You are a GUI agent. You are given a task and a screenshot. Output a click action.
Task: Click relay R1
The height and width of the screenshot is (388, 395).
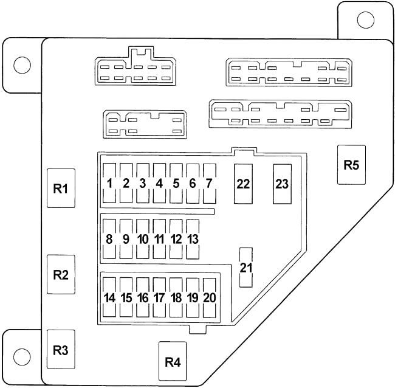(60, 189)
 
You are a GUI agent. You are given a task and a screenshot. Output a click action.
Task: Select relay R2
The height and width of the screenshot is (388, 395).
(60, 275)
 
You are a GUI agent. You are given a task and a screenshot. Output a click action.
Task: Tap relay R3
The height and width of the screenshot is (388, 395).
(60, 350)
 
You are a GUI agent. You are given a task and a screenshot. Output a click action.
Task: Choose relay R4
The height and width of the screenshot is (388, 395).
(173, 362)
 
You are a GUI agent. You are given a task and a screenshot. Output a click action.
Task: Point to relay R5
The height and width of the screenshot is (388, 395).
(351, 165)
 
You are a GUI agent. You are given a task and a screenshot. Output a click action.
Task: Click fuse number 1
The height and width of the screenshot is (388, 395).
(110, 183)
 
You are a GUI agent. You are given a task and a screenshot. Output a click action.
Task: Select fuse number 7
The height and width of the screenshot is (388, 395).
(209, 183)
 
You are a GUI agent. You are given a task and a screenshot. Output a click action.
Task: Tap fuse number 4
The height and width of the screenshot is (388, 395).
(160, 183)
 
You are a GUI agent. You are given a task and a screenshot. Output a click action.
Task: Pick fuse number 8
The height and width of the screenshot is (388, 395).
(110, 239)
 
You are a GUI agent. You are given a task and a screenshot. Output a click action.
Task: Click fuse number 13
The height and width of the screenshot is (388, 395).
(193, 239)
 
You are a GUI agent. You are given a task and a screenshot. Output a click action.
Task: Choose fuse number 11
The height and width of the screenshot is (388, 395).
(160, 239)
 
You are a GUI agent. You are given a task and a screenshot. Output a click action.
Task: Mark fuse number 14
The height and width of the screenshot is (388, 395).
(110, 298)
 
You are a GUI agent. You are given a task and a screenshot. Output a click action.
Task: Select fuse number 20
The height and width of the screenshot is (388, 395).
(209, 298)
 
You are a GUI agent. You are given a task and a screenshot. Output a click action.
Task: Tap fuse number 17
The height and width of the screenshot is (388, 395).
(160, 298)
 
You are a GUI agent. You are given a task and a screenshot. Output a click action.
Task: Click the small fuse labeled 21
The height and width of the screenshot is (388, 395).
(246, 267)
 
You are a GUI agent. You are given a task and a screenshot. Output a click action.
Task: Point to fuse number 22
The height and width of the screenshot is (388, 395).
(243, 184)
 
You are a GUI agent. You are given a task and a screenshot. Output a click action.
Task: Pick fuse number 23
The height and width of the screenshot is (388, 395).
(282, 184)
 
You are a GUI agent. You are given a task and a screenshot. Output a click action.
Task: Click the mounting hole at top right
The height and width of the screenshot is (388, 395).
(365, 20)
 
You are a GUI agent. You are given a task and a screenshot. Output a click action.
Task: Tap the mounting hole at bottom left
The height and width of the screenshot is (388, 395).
(22, 356)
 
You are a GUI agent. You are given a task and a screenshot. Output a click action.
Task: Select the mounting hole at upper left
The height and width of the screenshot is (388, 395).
(22, 64)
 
